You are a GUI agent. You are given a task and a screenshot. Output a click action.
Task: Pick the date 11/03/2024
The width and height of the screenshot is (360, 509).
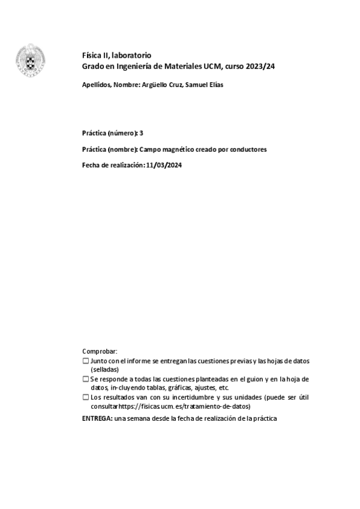tap(163, 166)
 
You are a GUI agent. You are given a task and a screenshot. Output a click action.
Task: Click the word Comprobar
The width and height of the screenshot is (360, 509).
tap(100, 351)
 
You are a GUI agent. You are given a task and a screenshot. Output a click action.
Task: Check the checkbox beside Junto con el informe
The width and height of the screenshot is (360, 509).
tap(85, 361)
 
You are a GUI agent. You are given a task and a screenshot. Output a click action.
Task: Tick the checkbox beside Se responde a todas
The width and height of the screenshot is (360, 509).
tap(85, 379)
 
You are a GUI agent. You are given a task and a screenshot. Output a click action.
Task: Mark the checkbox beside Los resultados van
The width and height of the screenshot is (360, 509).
tap(85, 397)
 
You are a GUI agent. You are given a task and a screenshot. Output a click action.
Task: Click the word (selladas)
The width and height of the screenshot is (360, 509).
tap(105, 370)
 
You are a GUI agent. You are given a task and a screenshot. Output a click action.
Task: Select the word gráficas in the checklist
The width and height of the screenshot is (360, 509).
tap(164, 388)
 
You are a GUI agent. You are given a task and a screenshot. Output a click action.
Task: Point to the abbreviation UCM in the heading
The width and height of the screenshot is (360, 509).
tap(209, 66)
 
